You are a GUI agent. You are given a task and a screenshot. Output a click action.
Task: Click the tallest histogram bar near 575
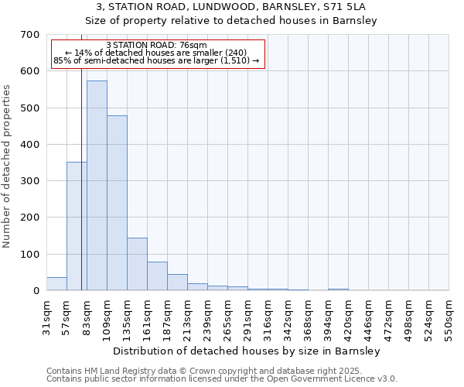[97, 186]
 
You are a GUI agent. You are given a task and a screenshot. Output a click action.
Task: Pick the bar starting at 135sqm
[137, 264]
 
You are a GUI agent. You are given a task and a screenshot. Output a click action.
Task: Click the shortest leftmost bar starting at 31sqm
[56, 283]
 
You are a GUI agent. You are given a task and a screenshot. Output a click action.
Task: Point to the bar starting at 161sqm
[157, 276]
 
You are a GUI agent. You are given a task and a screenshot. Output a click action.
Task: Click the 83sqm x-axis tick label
[87, 317]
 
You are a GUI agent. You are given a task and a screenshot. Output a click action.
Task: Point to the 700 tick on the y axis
[30, 35]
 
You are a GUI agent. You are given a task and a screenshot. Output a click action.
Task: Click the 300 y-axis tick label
[30, 181]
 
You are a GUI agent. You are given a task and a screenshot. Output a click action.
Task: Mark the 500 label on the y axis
[30, 108]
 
